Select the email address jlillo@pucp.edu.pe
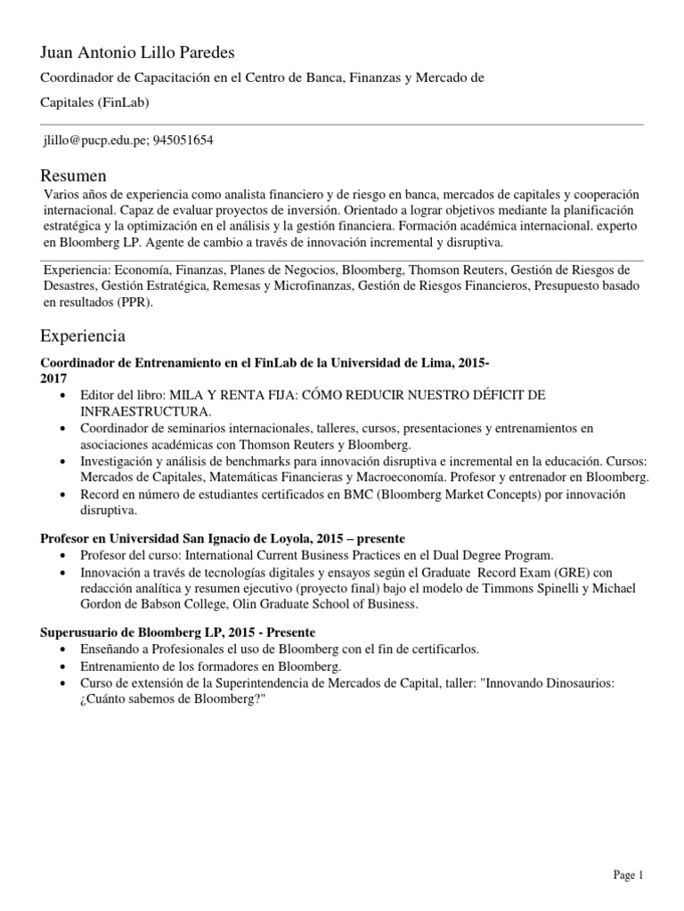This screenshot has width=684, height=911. [94, 141]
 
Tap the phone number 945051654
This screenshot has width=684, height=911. [183, 141]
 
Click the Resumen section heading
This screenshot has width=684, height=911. [73, 174]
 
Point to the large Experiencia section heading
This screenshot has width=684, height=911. [83, 336]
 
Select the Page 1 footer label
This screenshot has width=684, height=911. [628, 875]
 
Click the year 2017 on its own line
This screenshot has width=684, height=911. [54, 378]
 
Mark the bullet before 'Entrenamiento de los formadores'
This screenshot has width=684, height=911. [63, 665]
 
